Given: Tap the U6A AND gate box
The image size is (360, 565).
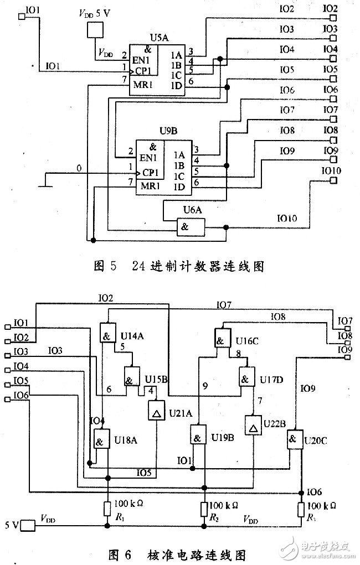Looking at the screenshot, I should coord(189,227).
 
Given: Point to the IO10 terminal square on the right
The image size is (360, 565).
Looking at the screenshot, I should coord(333,180).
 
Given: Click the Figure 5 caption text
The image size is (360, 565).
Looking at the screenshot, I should coord(177,267).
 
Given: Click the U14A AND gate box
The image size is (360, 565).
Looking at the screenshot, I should coord(107,333).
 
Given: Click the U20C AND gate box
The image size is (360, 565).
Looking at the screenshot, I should coord(294,440).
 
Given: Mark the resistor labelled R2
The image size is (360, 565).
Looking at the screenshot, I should coord(204,509).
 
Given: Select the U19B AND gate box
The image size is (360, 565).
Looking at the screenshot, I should coord(198,434).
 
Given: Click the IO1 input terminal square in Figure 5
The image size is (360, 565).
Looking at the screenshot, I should coord(22,16).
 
